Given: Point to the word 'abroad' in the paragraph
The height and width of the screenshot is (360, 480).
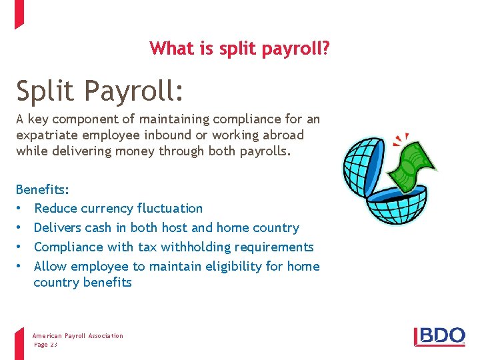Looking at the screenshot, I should coord(282,135).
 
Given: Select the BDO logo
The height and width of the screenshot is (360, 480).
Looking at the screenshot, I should coord(439,335).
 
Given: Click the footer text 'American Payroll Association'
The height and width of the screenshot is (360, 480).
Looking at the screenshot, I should coord(78,336).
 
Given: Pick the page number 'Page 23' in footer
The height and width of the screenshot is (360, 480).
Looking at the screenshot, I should coord(46,344).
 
